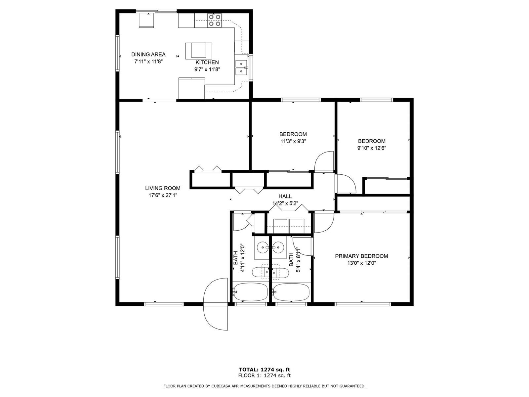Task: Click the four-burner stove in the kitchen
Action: (215, 21)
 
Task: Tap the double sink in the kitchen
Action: (241, 68)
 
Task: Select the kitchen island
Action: (199, 51)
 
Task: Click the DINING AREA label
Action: (148, 55)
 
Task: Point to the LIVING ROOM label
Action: (163, 188)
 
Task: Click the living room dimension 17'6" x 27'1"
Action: (163, 195)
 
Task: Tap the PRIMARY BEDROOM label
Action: (361, 256)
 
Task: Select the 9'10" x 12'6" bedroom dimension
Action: (372, 148)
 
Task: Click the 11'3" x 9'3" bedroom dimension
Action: (293, 141)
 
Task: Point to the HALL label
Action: (285, 196)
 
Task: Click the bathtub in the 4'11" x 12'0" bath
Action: (251, 292)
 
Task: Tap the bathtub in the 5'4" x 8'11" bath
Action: (291, 292)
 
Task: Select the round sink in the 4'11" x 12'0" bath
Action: (263, 247)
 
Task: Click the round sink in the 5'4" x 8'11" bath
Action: (279, 247)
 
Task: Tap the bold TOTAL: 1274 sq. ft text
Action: (264, 370)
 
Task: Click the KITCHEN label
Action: (207, 63)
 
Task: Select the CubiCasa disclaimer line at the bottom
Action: (264, 386)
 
